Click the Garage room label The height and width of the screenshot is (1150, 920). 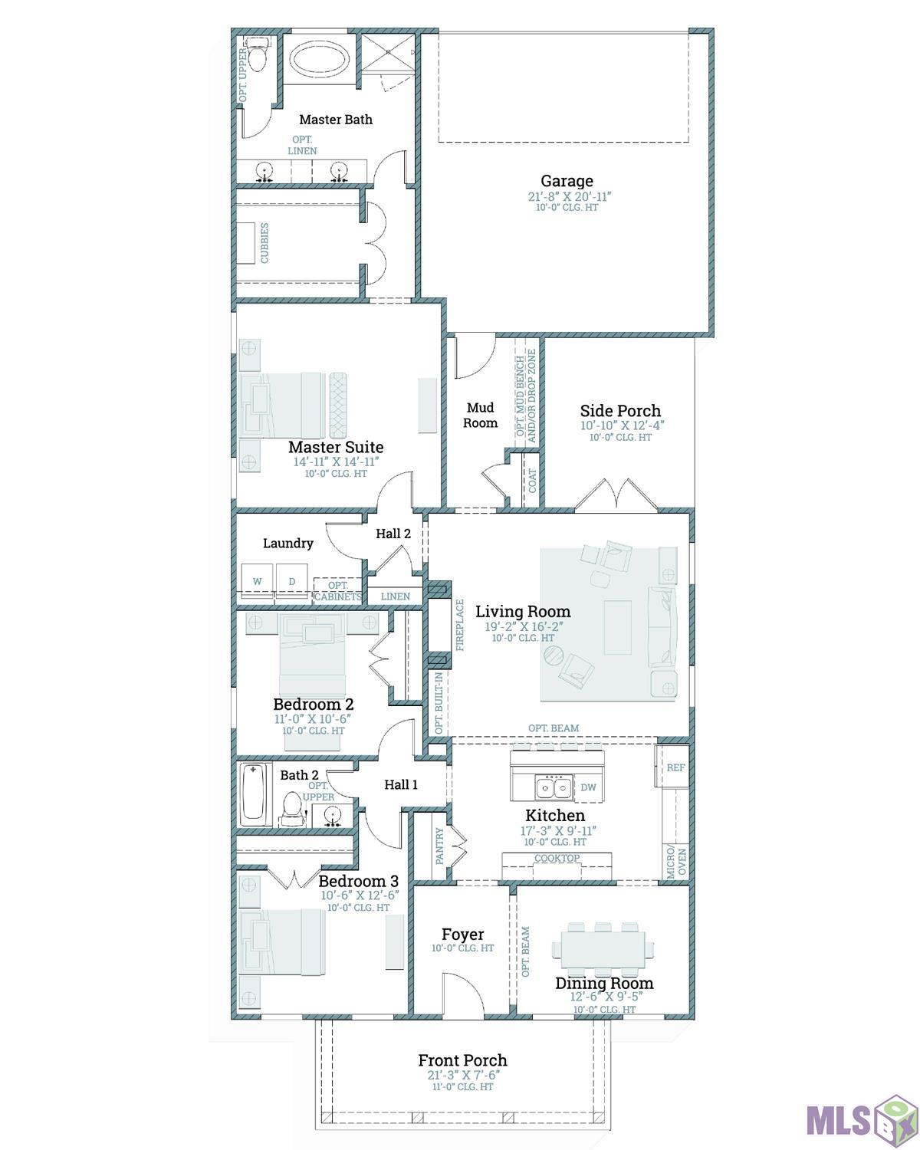tap(567, 181)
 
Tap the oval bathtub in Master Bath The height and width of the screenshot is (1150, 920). tap(319, 59)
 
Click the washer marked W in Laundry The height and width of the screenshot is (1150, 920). tap(257, 581)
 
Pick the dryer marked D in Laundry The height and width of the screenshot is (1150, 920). tap(292, 581)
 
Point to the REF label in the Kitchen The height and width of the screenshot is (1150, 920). tap(675, 767)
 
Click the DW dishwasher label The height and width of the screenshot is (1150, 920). tap(588, 787)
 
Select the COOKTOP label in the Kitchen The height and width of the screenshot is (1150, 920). tap(557, 858)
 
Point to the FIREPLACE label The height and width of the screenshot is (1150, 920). tap(460, 625)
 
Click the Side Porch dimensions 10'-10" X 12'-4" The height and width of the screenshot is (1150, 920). tap(622, 426)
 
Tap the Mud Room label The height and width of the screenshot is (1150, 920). tap(480, 416)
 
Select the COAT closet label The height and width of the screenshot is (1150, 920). tap(532, 481)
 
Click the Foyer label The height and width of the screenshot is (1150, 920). tap(462, 934)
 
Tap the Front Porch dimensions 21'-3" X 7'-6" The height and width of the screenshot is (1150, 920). tap(463, 1075)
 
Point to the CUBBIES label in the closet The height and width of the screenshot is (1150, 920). tap(264, 243)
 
